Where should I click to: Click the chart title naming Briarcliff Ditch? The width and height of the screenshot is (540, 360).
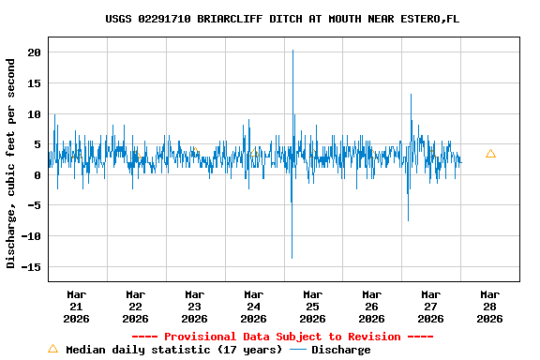pos(282,19)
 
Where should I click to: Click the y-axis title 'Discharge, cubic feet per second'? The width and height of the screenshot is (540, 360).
pos(11,163)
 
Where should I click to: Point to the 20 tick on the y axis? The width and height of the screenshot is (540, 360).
pos(34,52)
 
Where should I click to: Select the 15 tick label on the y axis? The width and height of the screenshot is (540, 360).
pos(34,83)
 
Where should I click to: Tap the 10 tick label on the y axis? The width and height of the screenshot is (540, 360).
pos(34,114)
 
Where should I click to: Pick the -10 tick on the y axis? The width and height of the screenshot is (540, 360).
pos(31,236)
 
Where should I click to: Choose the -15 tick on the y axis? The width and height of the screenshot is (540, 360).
pos(31,267)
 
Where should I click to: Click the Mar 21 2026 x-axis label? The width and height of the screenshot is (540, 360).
pos(76,306)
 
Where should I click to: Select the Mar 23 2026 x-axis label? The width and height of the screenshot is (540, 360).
pos(194,306)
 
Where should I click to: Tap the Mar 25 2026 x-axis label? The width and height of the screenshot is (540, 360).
pos(312,306)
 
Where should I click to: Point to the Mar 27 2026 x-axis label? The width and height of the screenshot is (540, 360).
pos(430,306)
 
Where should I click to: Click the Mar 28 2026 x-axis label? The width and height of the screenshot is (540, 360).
pos(489,306)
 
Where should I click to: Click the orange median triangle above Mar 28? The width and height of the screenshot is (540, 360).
pos(490,153)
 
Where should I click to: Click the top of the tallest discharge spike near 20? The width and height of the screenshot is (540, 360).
pos(292,51)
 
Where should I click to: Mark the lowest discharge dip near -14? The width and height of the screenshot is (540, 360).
pos(292,258)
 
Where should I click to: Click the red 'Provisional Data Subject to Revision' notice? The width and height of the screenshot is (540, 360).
pos(282,337)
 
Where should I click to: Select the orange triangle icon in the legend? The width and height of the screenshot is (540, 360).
pos(52,349)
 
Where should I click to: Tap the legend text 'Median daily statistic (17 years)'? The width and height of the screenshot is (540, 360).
pos(174,350)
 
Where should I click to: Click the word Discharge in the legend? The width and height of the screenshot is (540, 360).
pos(340,350)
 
